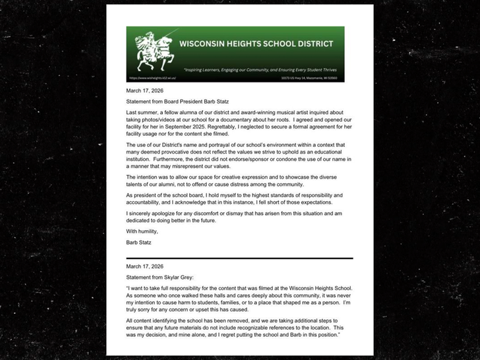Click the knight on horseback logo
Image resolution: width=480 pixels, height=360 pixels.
(154, 51)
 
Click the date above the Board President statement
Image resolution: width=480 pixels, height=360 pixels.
(144, 90)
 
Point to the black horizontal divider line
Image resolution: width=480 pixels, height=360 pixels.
(239, 258)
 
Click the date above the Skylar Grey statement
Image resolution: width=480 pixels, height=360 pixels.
(144, 266)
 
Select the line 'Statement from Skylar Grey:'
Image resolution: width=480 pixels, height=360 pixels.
(159, 278)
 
